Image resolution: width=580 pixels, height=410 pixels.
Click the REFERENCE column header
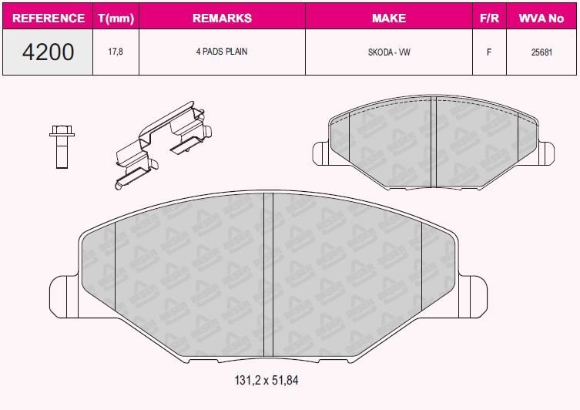[x=48, y=18]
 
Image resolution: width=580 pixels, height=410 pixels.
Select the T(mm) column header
[x=116, y=18]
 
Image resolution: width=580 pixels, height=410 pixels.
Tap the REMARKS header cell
[x=223, y=18]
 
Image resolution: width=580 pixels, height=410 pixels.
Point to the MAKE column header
[x=389, y=18]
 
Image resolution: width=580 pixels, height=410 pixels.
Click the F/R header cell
[x=489, y=18]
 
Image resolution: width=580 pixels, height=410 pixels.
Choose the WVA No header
[x=541, y=18]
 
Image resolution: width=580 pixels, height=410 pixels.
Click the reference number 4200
[x=48, y=52]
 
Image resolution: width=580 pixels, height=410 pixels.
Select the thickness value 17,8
[x=116, y=52]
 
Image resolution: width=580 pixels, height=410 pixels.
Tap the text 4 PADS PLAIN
[x=222, y=52]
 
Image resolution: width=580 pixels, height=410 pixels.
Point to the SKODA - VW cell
[x=389, y=52]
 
